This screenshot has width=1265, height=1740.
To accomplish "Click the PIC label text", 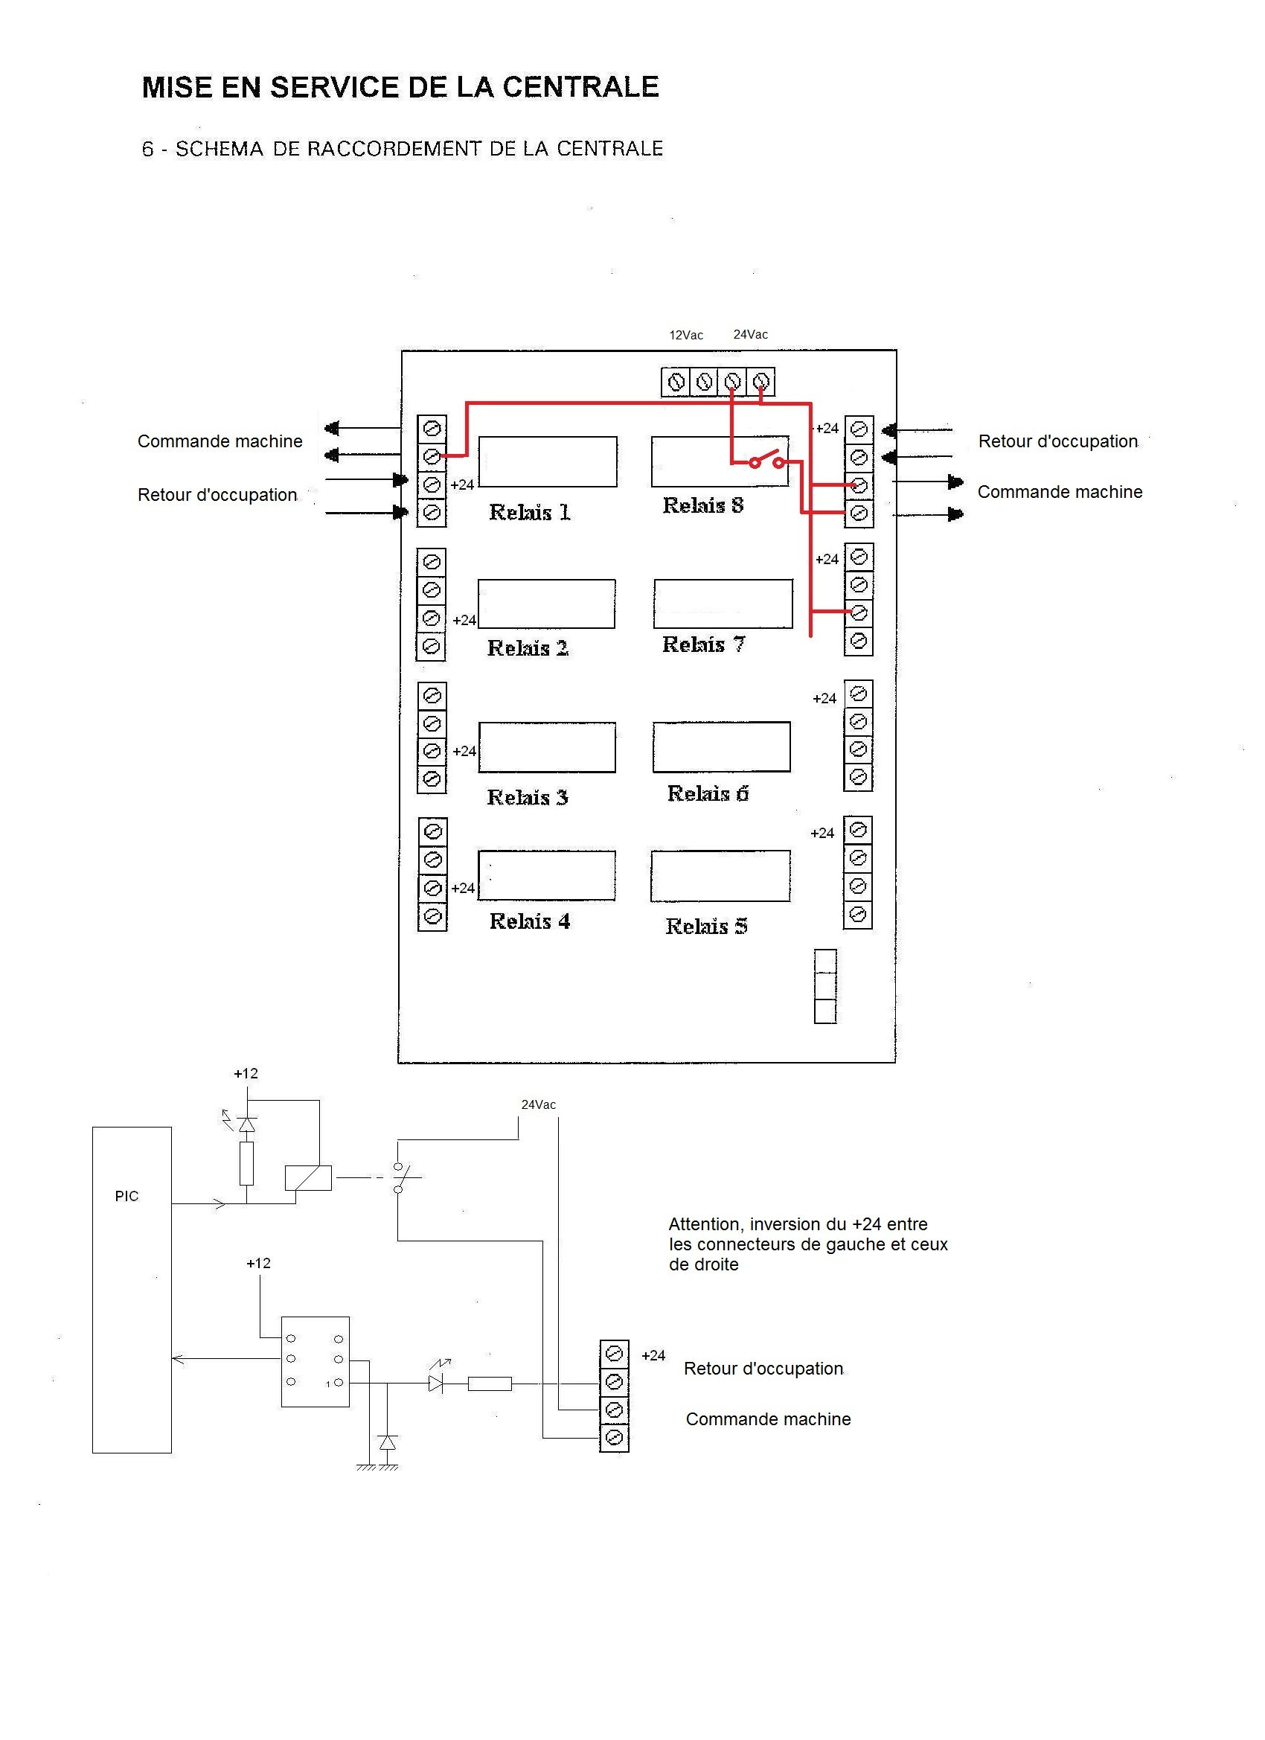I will (126, 1196).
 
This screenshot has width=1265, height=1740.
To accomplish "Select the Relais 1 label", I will (529, 512).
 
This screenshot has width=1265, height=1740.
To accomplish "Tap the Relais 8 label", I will (702, 505).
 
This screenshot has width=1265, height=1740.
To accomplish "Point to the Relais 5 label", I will (705, 926).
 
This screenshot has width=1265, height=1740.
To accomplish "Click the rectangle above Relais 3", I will (547, 746).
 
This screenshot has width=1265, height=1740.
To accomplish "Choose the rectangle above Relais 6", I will (721, 746).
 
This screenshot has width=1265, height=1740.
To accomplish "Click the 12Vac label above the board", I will (686, 335).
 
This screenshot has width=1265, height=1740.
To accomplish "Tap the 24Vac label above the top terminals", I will (750, 334).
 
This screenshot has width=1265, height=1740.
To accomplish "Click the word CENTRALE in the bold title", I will (580, 86).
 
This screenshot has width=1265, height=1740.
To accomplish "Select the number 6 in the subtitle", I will (147, 149).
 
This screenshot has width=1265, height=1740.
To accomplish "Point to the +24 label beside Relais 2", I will (464, 620).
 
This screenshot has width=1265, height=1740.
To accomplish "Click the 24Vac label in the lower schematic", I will (539, 1104).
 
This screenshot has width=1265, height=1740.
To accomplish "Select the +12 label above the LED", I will (246, 1073).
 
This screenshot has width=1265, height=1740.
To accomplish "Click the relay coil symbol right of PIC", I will (307, 1177).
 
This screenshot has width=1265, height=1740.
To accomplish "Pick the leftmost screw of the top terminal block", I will (676, 381).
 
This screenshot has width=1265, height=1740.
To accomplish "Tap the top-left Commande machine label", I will (220, 441).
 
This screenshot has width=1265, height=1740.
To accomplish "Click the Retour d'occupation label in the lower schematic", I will (763, 1368).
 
